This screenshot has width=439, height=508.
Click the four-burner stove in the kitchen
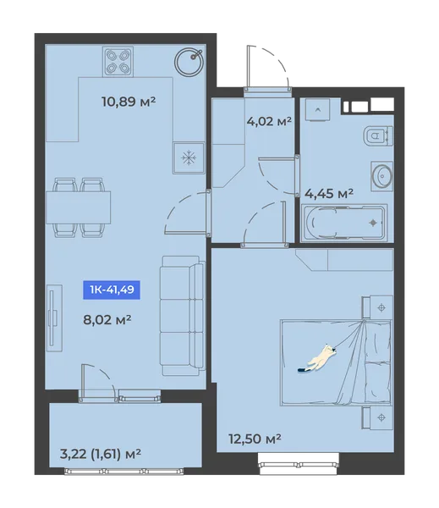(x=118, y=62)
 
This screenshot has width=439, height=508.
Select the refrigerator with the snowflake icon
(x=189, y=158)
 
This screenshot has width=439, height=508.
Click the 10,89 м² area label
(x=129, y=102)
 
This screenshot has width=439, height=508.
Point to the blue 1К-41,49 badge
(x=112, y=290)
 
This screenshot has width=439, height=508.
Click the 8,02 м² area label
(x=107, y=320)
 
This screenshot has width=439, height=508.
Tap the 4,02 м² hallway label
(x=269, y=121)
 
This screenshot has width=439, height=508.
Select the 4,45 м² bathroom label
(x=329, y=194)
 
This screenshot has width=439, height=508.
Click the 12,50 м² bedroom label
(x=255, y=439)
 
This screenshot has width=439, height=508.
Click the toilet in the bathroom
(x=378, y=135)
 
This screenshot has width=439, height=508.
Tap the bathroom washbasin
(x=382, y=176)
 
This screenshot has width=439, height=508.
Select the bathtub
(x=344, y=223)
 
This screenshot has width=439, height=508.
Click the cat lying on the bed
(x=317, y=358)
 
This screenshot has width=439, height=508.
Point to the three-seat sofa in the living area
(x=183, y=316)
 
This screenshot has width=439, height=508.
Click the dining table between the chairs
(x=79, y=207)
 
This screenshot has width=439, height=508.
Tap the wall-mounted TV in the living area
(x=54, y=318)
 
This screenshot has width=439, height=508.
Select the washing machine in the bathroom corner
(x=317, y=110)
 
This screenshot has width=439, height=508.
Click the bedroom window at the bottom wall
(x=299, y=465)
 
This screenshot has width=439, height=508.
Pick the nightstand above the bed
(x=378, y=306)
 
